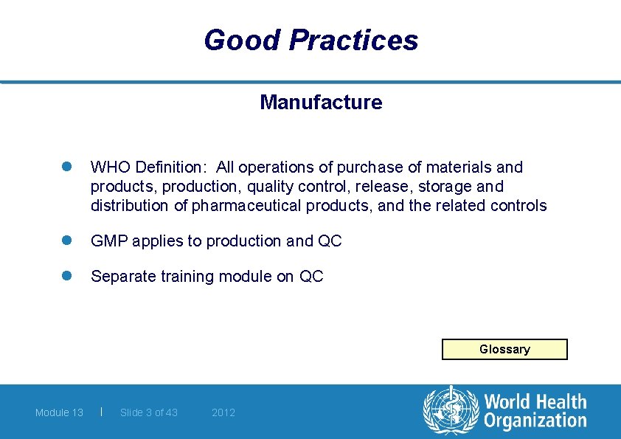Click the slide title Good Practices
pos(310,40)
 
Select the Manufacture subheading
pos(321,103)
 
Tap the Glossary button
pos(504,349)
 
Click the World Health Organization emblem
pos(450,411)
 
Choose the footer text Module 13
pos(59,412)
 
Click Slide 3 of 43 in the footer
pos(149,412)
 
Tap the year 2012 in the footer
pos(223,412)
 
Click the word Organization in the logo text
pos(535,421)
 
